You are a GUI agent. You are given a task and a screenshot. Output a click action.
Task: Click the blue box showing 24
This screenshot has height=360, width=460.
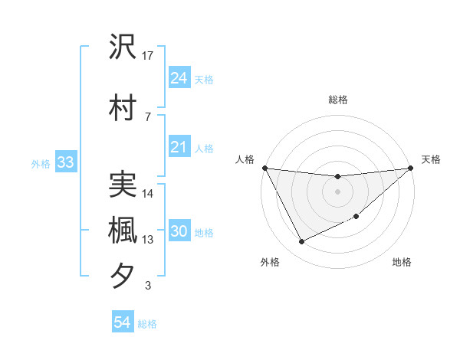click(179, 78)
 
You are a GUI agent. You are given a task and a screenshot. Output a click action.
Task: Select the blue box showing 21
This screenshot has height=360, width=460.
click(179, 148)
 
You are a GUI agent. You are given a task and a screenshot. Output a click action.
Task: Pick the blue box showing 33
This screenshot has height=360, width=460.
click(65, 162)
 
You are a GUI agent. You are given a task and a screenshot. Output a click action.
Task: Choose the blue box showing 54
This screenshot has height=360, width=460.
click(123, 322)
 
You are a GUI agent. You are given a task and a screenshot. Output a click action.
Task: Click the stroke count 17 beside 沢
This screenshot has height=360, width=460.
click(148, 55)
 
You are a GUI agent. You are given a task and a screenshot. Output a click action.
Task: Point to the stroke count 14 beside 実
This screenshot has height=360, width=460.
click(148, 194)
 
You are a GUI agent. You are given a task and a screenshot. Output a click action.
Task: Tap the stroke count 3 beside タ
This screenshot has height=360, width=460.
click(148, 286)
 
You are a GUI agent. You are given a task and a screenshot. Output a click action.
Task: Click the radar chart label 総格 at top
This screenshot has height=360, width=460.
click(337, 100)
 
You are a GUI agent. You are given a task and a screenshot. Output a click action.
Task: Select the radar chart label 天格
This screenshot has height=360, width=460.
click(432, 159)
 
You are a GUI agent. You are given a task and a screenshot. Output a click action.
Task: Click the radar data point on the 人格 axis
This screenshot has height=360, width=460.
click(265, 168)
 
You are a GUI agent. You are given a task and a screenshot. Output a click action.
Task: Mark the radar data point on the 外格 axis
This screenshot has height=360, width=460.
click(301, 242)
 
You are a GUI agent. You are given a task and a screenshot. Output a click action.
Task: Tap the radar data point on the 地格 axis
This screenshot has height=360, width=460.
click(356, 217)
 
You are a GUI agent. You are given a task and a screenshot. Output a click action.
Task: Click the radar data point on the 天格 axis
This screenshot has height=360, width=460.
click(410, 168)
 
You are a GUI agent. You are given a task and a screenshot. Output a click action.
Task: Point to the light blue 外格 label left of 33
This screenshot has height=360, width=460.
click(41, 163)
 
